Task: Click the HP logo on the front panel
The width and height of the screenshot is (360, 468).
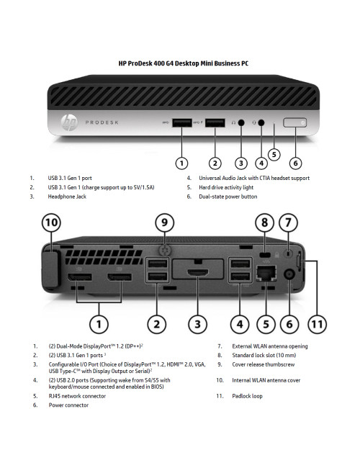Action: point(70,124)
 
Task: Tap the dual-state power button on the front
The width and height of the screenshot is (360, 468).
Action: point(294,123)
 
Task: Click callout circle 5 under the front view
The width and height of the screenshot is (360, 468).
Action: point(274,153)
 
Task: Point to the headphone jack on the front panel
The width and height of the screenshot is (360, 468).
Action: point(241,123)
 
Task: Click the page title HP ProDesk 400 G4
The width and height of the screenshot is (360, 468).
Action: point(184,63)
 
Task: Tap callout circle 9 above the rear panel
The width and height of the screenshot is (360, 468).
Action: point(165,223)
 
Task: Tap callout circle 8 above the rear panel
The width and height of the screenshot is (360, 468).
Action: point(265,223)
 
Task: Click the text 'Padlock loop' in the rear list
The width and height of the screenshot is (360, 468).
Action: point(247,396)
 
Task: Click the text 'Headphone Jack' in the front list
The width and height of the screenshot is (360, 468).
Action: point(68,196)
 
